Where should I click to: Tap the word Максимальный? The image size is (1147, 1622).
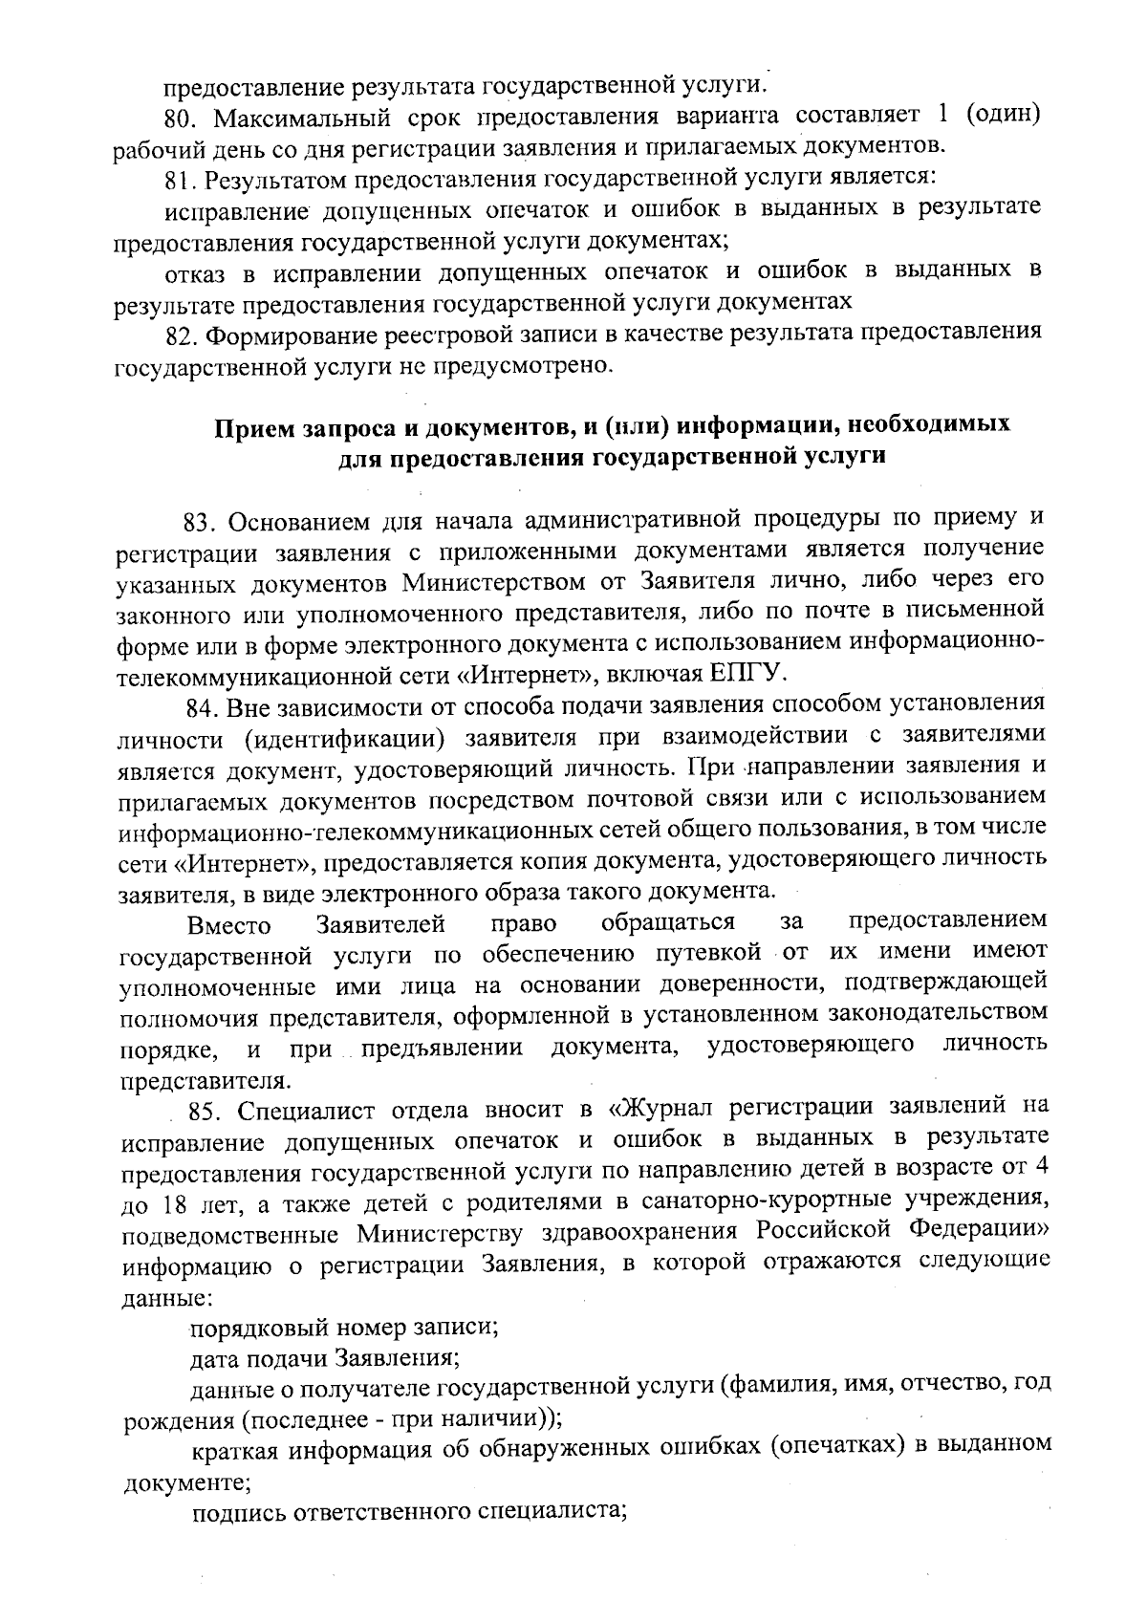[x=280, y=119]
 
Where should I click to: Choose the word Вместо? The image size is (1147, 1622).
[x=229, y=925]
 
